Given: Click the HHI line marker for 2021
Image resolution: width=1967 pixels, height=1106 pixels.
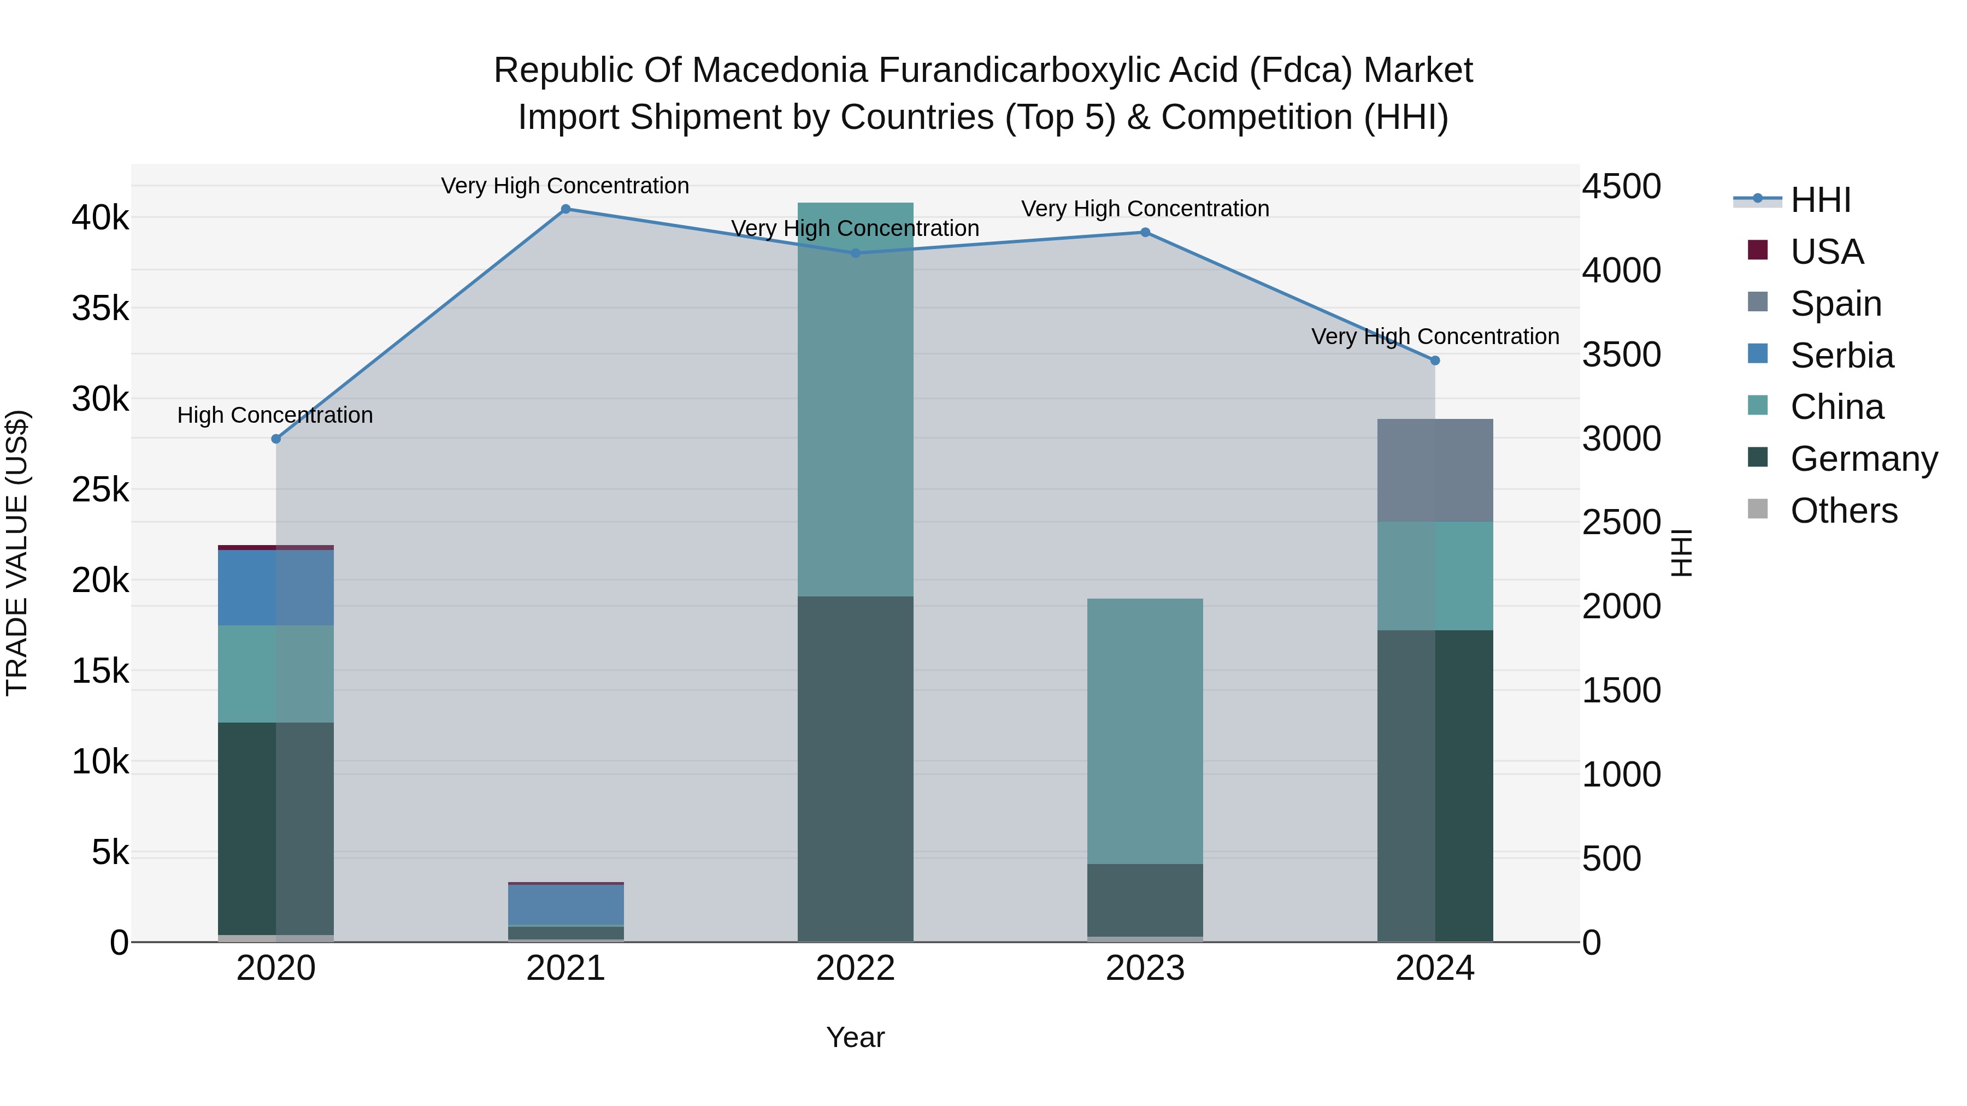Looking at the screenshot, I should point(566,209).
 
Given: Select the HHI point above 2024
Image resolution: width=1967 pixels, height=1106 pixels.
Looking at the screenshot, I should point(1435,360).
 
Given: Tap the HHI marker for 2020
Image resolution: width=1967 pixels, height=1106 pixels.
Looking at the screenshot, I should point(276,439).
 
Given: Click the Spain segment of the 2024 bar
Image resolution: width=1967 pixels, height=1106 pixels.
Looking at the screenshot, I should point(1435,470).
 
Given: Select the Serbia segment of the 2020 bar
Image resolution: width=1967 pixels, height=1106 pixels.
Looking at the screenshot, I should point(276,588).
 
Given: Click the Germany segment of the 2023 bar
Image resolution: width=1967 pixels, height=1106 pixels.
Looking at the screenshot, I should point(1145,900).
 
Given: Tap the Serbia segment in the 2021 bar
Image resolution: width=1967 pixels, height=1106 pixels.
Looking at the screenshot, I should point(566,904).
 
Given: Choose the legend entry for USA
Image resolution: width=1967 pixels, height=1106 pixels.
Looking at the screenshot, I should point(1827,252).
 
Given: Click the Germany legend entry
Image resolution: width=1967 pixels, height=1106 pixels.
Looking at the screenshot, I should point(1863,459).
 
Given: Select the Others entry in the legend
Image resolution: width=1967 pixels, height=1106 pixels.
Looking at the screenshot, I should point(1844,511).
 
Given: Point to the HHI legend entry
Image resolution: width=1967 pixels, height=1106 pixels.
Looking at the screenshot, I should point(1821,200).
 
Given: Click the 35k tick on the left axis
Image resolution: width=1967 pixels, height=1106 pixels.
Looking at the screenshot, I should point(100,309).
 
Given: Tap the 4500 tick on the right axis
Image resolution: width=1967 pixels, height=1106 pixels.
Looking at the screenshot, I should point(1621,186).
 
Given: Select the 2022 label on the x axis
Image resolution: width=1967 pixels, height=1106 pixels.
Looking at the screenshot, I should point(855,968).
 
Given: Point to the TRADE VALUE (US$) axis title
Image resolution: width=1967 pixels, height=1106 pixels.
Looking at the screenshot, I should point(17,553).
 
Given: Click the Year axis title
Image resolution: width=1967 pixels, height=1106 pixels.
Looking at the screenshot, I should point(855,1037).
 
